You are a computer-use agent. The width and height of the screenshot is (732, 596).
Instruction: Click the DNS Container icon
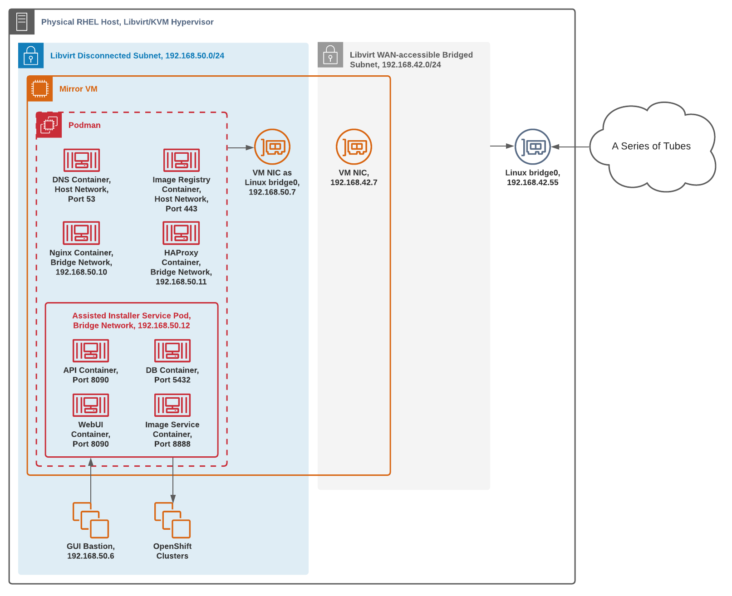click(82, 160)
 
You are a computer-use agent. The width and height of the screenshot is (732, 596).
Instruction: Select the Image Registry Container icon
click(182, 160)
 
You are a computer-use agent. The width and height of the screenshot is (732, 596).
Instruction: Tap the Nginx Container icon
click(81, 233)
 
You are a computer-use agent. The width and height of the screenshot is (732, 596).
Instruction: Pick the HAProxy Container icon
click(181, 233)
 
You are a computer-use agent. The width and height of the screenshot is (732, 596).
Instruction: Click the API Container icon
click(91, 351)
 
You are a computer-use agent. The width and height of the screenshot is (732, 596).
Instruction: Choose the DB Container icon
click(172, 351)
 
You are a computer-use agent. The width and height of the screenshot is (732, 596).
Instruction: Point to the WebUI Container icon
click(91, 405)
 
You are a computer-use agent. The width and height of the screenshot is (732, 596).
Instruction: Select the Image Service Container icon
click(172, 405)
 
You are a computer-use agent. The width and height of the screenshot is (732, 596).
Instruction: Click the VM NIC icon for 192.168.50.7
click(272, 147)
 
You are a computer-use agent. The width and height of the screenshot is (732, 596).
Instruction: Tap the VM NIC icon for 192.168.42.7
click(354, 147)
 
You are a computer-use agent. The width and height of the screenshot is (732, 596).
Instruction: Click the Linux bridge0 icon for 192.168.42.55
click(533, 147)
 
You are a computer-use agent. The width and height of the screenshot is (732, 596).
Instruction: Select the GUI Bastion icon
click(91, 520)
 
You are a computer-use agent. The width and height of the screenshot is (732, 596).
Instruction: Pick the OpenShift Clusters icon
click(172, 520)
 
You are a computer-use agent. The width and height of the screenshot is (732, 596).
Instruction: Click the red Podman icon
click(49, 125)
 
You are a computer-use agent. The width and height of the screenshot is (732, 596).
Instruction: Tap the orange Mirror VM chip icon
click(40, 88)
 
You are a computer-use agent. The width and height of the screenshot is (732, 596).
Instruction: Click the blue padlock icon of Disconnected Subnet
click(31, 55)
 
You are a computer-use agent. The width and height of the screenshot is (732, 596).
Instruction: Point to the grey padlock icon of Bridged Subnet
click(330, 55)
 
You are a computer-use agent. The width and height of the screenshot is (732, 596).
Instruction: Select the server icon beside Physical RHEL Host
click(22, 22)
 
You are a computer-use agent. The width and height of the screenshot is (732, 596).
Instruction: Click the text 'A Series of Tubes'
click(651, 146)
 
